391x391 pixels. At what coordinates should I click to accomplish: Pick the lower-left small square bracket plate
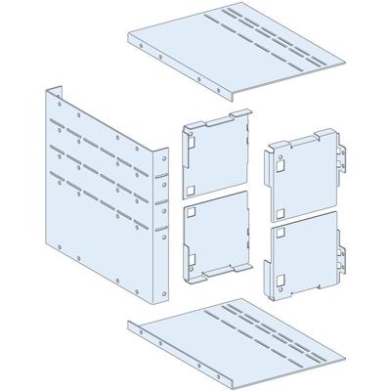click(x=218, y=239)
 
